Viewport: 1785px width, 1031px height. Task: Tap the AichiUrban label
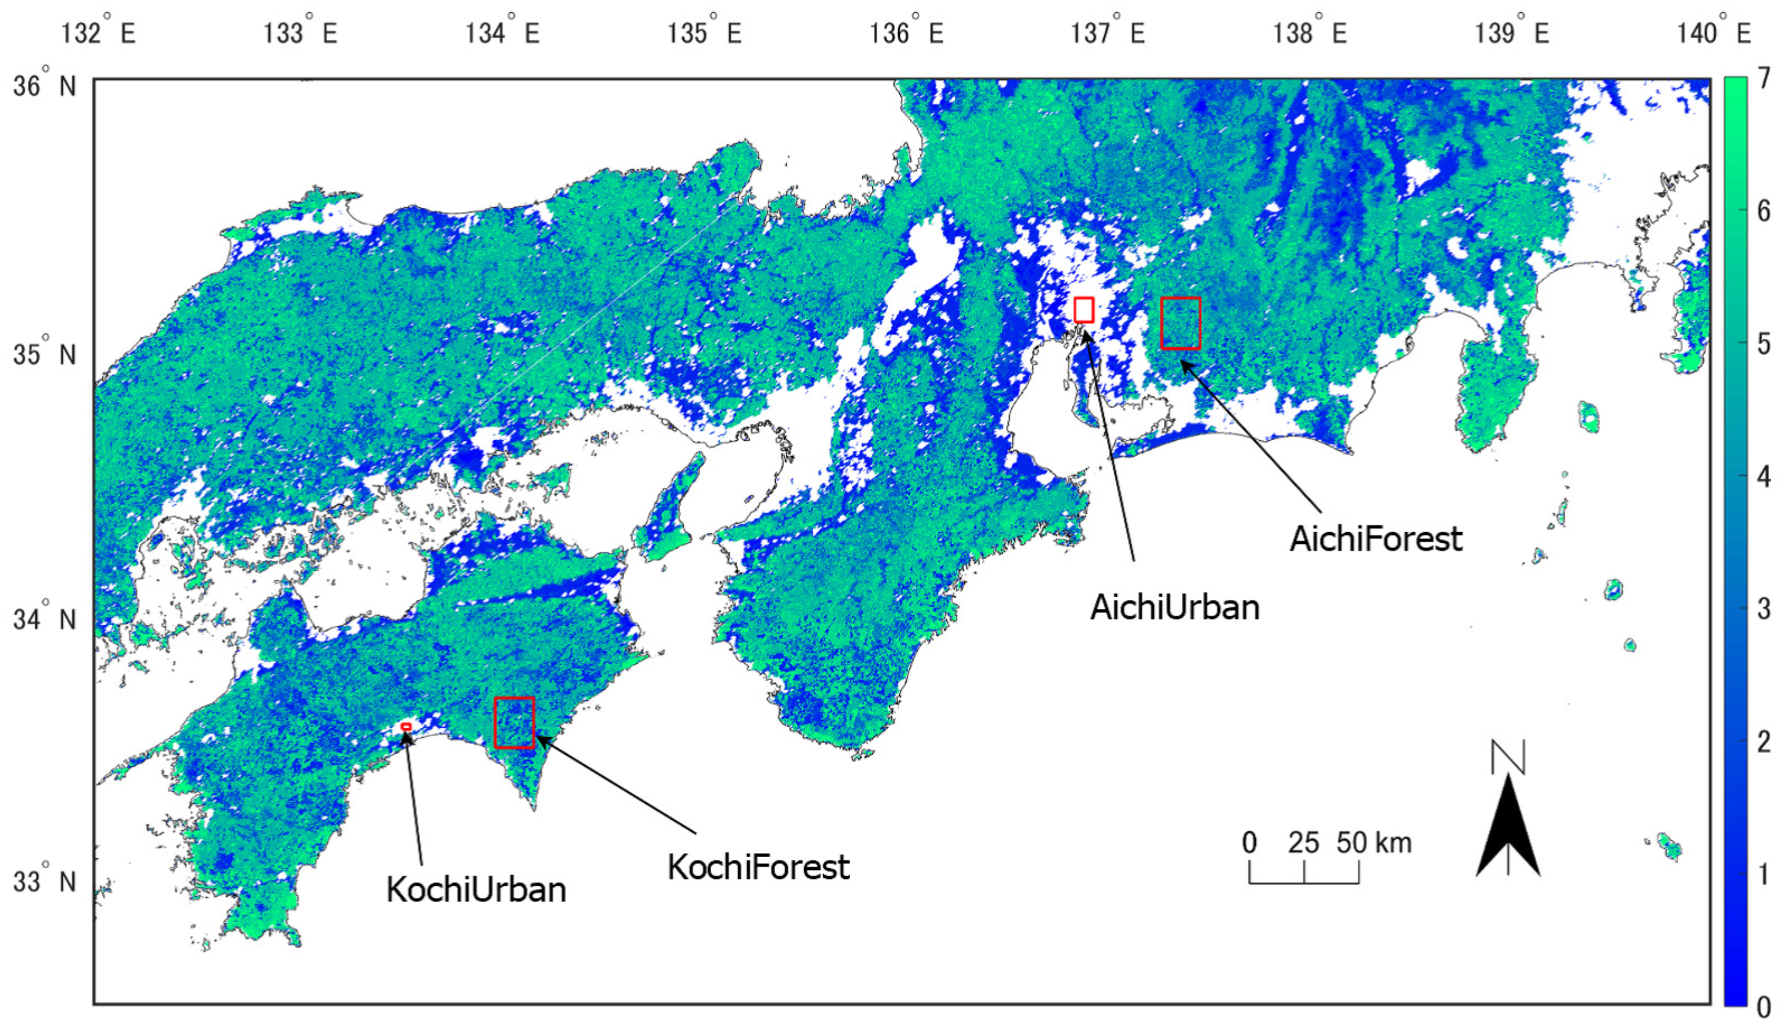click(1174, 608)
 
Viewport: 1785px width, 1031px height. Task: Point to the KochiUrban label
click(476, 889)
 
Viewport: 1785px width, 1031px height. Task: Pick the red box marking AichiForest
click(1180, 323)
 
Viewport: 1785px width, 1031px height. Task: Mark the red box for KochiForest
click(514, 722)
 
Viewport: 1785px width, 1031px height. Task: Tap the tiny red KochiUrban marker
click(406, 727)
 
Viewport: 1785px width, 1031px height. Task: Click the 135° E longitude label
click(704, 32)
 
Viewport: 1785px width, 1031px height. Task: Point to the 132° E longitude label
click(98, 32)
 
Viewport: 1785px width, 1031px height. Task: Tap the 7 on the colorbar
click(1763, 78)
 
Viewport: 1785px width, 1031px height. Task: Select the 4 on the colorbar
click(1763, 477)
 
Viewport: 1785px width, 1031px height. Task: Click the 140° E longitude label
click(1714, 32)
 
